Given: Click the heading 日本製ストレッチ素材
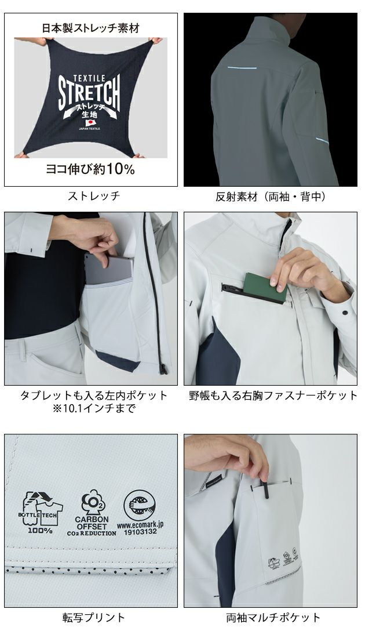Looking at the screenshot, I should (x=90, y=27).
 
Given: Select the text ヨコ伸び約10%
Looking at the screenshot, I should (x=90, y=169).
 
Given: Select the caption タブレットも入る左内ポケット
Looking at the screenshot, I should (x=93, y=396).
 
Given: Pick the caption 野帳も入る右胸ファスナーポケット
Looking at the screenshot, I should (x=273, y=396).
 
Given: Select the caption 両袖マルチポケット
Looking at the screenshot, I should (x=273, y=617).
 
